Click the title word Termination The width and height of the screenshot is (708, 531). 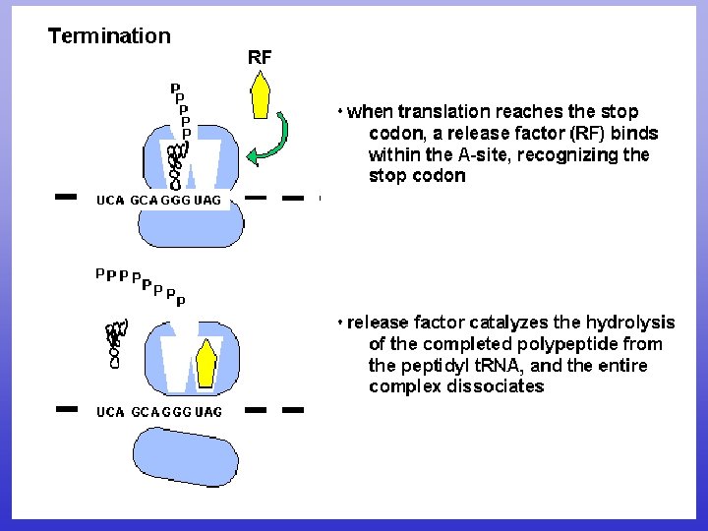point(109,36)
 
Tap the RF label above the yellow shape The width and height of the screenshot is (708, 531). point(260,57)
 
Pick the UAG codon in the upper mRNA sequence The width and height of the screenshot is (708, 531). point(208,201)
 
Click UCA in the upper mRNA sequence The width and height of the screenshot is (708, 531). point(110,201)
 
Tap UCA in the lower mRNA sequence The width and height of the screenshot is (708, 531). point(110,412)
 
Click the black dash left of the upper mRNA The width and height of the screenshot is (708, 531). point(66,198)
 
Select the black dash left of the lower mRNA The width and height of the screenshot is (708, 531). point(66,408)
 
